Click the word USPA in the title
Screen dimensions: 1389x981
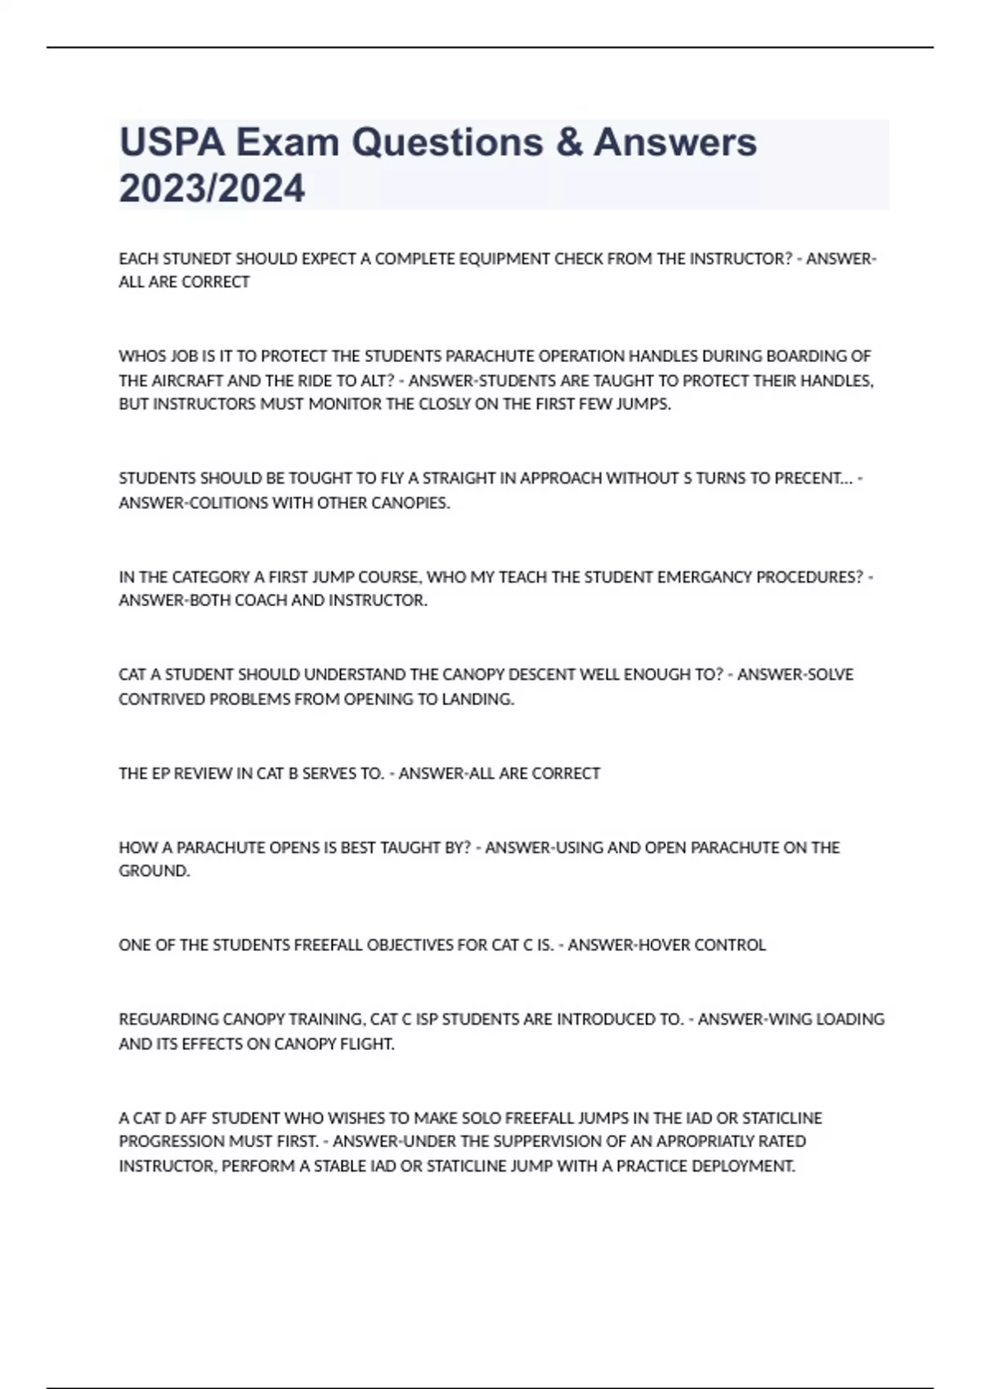pyautogui.click(x=171, y=142)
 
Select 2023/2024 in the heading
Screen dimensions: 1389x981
pyautogui.click(x=212, y=188)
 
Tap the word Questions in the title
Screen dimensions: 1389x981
pyautogui.click(x=446, y=142)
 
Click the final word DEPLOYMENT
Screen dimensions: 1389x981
pyautogui.click(x=746, y=1166)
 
